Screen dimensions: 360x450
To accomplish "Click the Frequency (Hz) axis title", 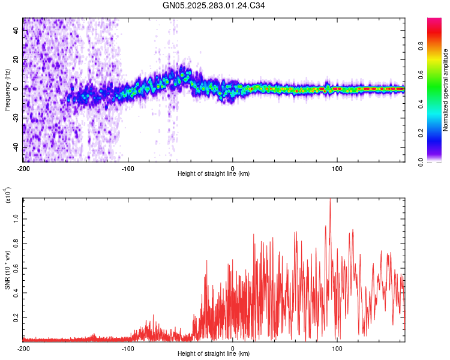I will pos(7,89).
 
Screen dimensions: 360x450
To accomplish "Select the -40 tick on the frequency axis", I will pos(16,148).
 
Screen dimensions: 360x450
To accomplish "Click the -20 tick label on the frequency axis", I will pos(16,118).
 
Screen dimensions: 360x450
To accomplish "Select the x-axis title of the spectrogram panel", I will pos(214,174).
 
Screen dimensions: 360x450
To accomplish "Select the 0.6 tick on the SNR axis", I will pos(17,268).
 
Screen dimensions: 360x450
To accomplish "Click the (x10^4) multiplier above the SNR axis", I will pos(8,196).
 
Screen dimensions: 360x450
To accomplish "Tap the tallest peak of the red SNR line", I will pos(330,199).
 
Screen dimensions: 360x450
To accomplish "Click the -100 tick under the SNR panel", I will pos(128,349).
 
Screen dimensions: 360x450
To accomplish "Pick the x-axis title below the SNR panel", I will pos(214,354).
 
